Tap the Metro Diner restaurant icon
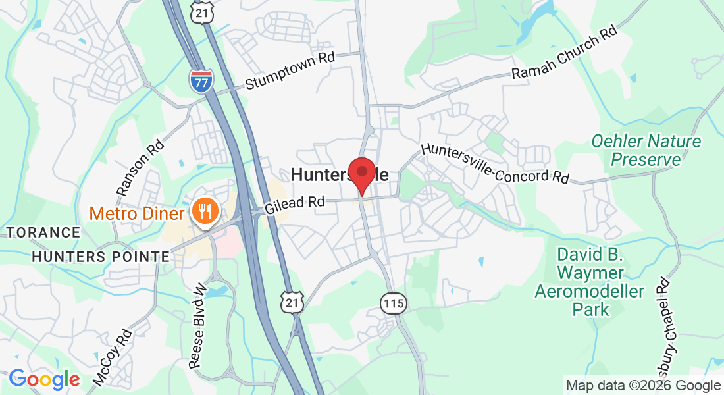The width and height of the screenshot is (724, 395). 205,211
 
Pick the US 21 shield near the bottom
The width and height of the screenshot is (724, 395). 291,301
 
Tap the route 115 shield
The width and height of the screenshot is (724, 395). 393,303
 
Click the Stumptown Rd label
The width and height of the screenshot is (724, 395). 290,70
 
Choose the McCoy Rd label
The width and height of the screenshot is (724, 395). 113,356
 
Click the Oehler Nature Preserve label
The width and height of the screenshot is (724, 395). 646,150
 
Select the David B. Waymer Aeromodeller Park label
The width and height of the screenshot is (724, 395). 590,281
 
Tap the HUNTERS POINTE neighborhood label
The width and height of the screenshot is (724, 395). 101,257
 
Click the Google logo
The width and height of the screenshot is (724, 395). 44,379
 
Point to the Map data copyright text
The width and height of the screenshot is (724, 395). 643,386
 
